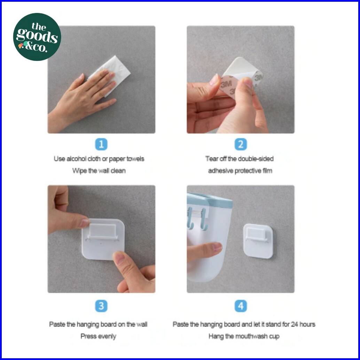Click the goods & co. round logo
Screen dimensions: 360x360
[x=37, y=37]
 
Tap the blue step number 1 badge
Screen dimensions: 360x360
[x=101, y=144]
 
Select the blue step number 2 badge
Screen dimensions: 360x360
[x=241, y=144]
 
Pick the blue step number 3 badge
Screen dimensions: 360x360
[x=101, y=306]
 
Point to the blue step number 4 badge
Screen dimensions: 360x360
[x=241, y=306]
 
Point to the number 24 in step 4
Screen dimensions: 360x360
[x=295, y=324]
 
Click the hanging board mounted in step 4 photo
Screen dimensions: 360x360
[x=258, y=241]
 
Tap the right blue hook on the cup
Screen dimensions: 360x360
[x=204, y=219]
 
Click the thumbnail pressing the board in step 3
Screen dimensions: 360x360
[x=119, y=257]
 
